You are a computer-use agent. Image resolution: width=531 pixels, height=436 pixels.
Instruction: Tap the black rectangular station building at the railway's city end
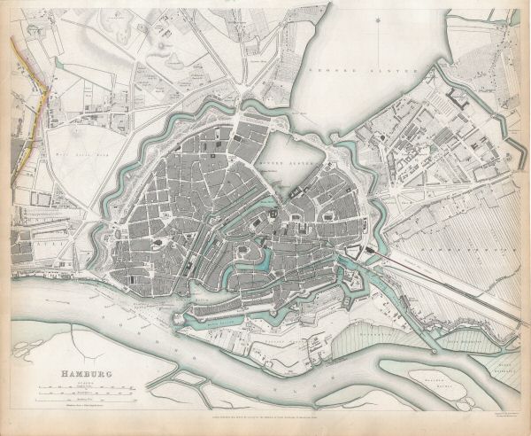pyautogui.click(x=371, y=254)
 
